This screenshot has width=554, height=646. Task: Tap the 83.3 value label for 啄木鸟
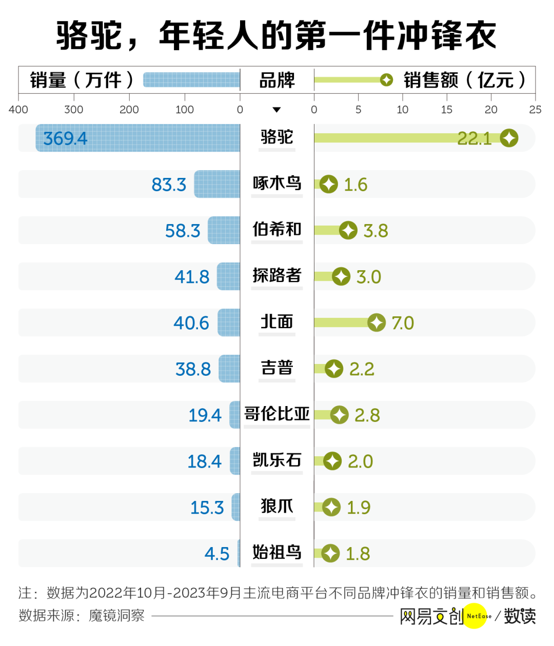coord(169,185)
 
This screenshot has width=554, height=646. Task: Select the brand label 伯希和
coord(277,230)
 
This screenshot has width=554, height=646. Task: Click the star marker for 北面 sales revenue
coord(377,322)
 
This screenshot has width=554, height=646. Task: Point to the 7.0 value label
coord(403,323)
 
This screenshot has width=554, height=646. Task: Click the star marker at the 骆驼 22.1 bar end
coord(509,138)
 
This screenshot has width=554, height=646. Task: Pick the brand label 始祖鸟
coord(277,553)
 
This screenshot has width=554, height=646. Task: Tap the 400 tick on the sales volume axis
coord(18,109)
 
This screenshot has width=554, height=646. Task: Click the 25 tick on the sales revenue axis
coord(535,109)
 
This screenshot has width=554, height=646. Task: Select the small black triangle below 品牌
coord(276,110)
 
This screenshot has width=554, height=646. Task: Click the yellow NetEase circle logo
coord(476,616)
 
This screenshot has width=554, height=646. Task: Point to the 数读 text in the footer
coord(520,616)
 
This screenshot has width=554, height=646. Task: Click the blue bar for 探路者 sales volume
coord(229,276)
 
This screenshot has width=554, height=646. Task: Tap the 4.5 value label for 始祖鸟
coord(217,554)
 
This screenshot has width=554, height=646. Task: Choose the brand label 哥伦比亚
coord(277,414)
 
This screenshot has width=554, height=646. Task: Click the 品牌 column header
coord(277,80)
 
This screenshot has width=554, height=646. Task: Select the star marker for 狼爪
coord(331,507)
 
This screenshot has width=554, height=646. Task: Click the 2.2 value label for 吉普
coord(362,369)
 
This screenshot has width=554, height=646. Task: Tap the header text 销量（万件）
coord(82,80)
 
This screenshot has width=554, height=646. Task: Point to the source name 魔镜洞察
coord(116,616)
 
